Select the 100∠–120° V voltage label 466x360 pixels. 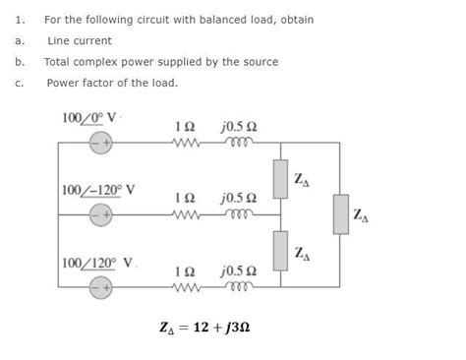pyautogui.click(x=98, y=188)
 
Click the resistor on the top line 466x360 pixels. pyautogui.click(x=184, y=144)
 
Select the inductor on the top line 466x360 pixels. pyautogui.click(x=240, y=144)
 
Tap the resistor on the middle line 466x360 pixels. pyautogui.click(x=184, y=213)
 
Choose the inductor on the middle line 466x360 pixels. pyautogui.click(x=240, y=213)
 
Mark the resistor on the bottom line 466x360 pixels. pyautogui.click(x=184, y=287)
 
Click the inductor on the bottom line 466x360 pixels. pyautogui.click(x=240, y=287)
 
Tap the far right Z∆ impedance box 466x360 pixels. pyautogui.click(x=340, y=214)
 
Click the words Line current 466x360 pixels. pyautogui.click(x=80, y=40)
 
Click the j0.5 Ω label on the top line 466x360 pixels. pyautogui.click(x=239, y=127)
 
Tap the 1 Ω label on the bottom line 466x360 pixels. pyautogui.click(x=184, y=270)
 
